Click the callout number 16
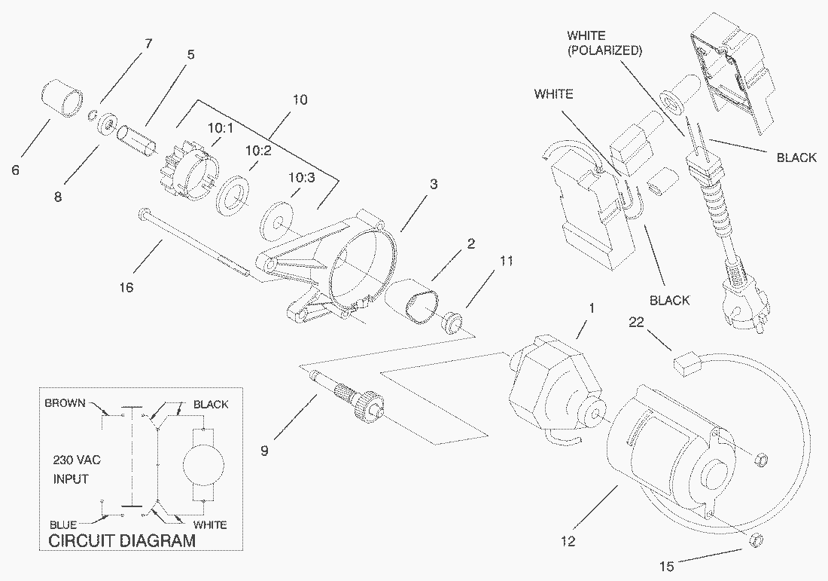(126, 287)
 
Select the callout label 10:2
(257, 150)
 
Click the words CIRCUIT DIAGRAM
(122, 540)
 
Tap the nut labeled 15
(757, 540)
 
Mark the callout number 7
(148, 43)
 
